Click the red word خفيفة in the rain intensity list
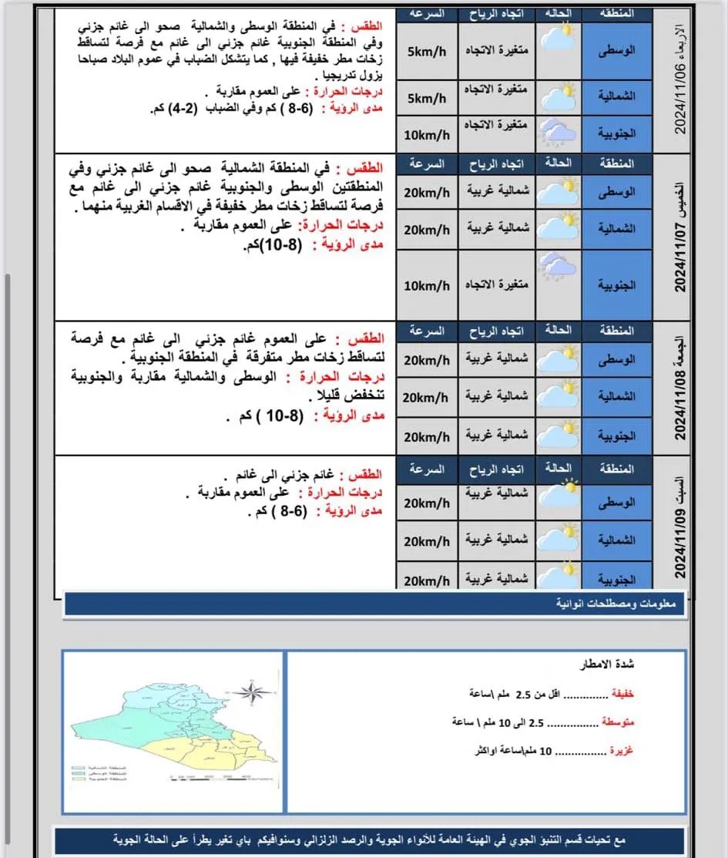click(622, 693)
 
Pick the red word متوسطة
click(618, 722)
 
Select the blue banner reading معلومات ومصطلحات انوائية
click(374, 604)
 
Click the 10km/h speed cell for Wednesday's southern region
click(427, 135)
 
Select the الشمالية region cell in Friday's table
click(617, 396)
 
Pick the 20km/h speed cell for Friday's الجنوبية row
click(427, 436)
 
